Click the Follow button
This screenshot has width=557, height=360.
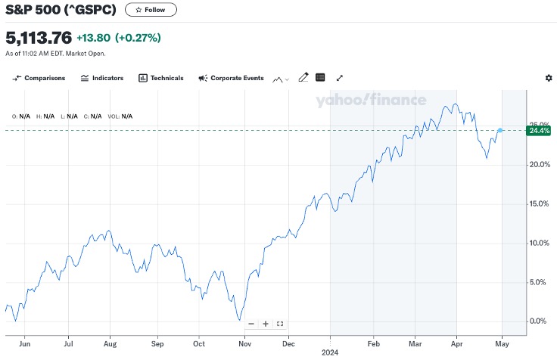coord(151,10)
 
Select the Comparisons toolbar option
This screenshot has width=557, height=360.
coord(39,78)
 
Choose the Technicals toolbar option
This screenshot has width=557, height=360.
coord(160,78)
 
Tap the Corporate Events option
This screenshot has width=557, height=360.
coord(231,78)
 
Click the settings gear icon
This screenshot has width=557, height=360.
coord(549,78)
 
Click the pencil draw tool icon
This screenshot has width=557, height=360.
coord(303,77)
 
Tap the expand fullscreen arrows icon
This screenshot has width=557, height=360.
coord(340,77)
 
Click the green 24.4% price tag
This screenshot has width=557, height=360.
coord(539,131)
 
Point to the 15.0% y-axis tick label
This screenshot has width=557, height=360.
coord(538,203)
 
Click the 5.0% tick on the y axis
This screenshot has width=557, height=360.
coord(538,282)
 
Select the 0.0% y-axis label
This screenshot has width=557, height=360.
coord(538,321)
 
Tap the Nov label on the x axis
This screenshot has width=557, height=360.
coord(246,343)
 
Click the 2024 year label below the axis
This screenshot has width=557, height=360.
coord(330,352)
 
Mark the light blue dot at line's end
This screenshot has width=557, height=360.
coord(500,130)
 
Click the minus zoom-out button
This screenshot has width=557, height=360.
coord(251,324)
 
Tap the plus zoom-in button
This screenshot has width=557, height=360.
coord(266,324)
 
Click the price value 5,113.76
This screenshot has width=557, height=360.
coord(39,37)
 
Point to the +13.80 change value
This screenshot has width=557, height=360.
coord(94,37)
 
